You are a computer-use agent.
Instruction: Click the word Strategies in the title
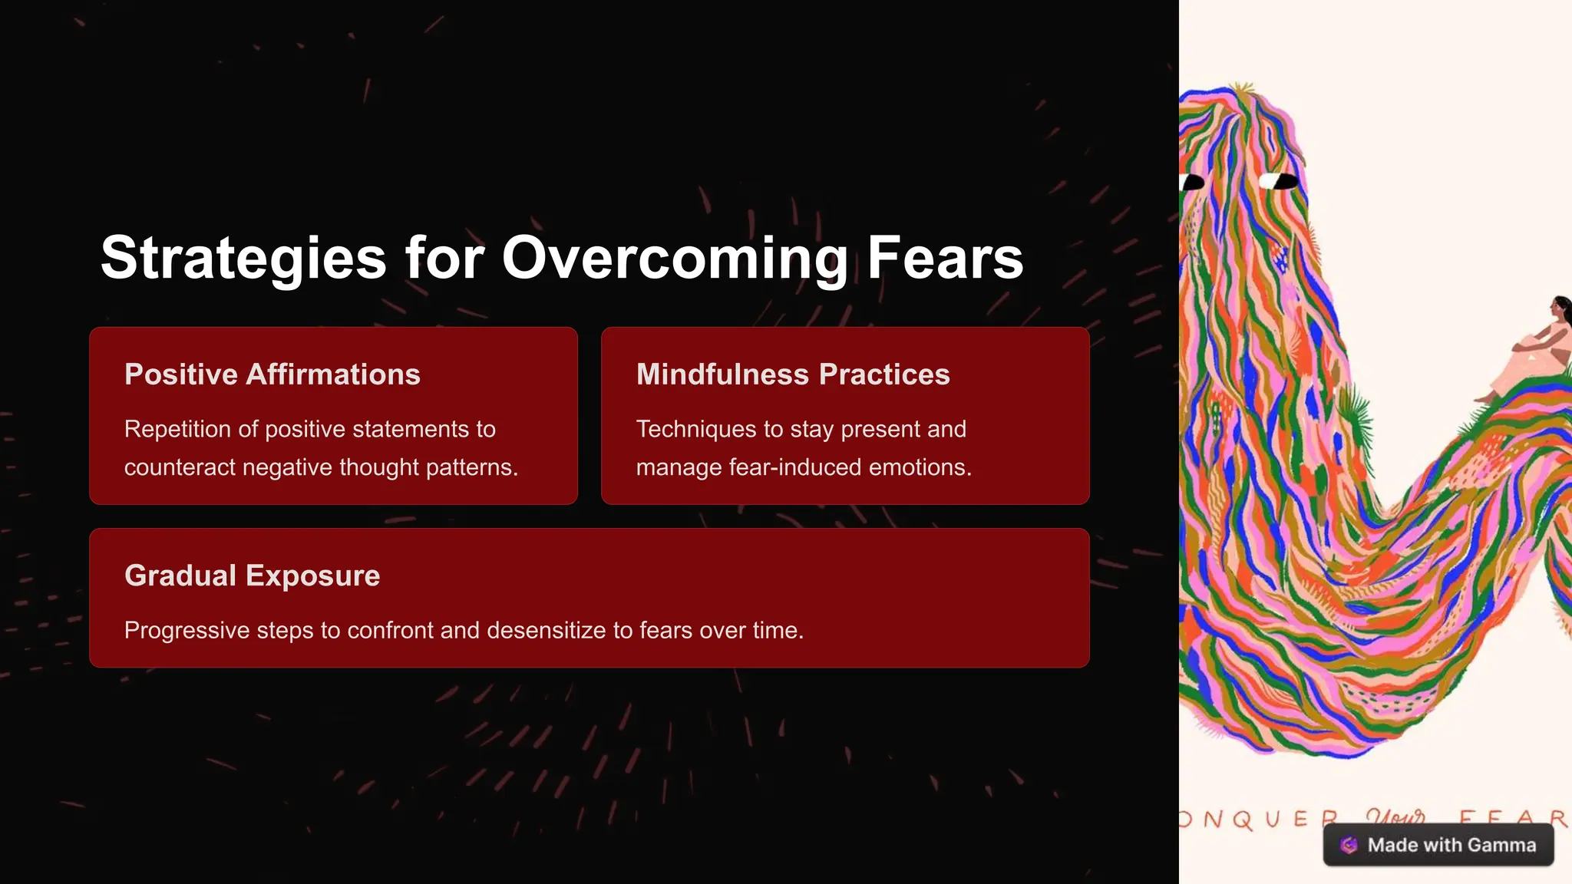[x=243, y=259]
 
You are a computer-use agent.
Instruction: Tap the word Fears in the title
[x=945, y=259]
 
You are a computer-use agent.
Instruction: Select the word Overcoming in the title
[x=675, y=259]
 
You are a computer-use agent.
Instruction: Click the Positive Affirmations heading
[x=272, y=374]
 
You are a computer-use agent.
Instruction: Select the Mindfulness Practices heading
[x=793, y=374]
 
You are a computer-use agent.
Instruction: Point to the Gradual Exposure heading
[x=252, y=576]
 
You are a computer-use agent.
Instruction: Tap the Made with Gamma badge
[x=1438, y=845]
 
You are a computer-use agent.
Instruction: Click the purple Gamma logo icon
[x=1349, y=845]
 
